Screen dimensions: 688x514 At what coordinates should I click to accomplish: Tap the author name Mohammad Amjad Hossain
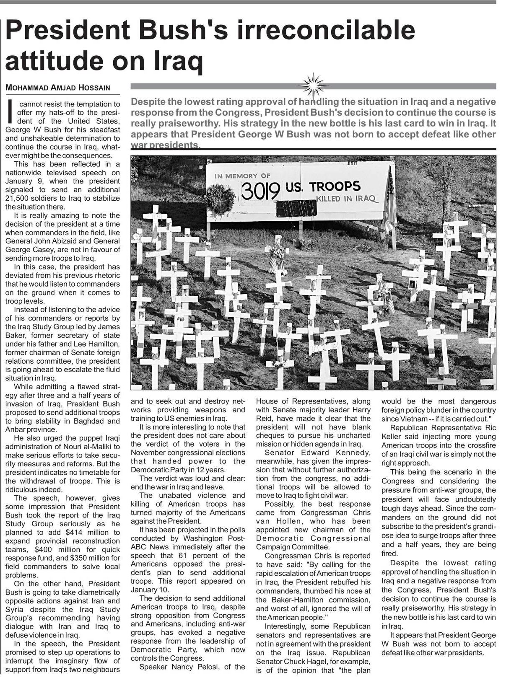[58, 88]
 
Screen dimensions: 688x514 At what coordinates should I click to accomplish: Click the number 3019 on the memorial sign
[260, 191]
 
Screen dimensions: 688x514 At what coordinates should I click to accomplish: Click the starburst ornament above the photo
[313, 85]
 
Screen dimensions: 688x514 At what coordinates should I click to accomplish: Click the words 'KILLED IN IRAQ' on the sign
[346, 198]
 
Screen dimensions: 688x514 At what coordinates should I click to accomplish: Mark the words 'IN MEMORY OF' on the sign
[242, 176]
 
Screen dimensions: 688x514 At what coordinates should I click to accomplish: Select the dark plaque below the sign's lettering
[296, 208]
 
